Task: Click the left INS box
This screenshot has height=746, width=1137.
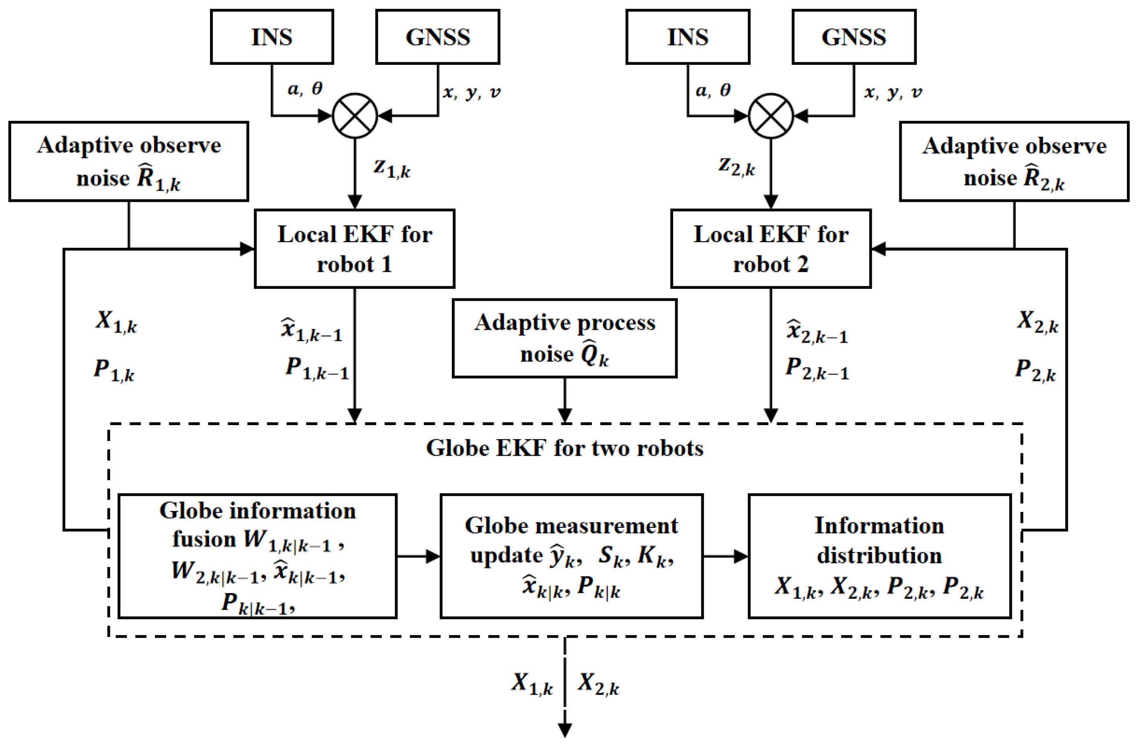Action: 272,37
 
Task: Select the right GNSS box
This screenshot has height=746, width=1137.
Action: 854,37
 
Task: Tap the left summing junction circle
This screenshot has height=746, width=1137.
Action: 355,115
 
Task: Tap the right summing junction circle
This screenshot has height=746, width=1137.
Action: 770,115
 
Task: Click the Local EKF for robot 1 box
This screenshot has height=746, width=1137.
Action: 354,249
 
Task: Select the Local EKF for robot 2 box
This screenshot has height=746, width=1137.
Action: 770,249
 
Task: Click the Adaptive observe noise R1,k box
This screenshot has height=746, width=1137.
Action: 128,161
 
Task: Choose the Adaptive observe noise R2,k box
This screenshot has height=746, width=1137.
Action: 1014,161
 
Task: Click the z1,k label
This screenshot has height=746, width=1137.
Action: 392,168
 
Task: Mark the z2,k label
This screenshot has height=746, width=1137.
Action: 737,166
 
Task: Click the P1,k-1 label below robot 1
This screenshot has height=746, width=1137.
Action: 317,369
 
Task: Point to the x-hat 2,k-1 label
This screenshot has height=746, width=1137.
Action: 817,331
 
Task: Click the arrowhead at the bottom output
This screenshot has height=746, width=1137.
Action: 565,731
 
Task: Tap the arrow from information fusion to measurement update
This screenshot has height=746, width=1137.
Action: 418,556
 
